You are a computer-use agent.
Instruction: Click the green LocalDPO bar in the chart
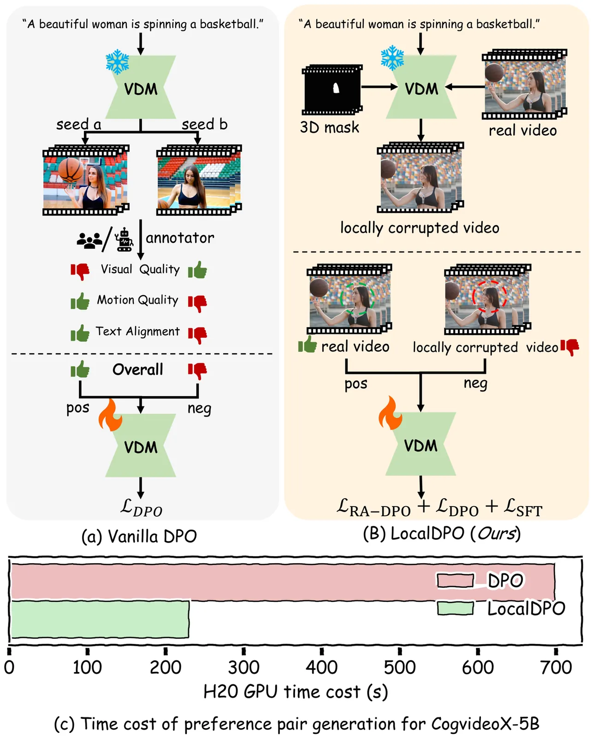(100, 619)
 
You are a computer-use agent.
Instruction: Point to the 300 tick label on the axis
(243, 667)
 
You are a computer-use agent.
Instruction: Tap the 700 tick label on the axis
(556, 667)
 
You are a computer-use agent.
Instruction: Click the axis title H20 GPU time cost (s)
(296, 692)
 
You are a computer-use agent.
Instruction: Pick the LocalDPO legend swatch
(455, 608)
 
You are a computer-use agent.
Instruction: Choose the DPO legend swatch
(455, 581)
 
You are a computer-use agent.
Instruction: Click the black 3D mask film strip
(332, 89)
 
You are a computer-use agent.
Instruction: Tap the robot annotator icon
(125, 240)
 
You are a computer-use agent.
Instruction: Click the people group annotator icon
(89, 240)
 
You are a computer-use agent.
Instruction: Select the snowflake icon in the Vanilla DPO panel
(118, 62)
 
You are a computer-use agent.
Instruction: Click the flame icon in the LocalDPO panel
(390, 413)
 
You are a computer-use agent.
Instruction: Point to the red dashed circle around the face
(489, 297)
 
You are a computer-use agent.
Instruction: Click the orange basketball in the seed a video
(71, 170)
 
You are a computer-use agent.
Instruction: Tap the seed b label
(204, 125)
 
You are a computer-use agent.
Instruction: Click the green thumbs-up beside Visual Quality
(197, 270)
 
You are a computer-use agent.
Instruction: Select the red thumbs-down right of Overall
(197, 370)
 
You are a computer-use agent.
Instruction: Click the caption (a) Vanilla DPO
(139, 536)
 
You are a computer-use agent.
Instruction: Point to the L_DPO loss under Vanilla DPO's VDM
(141, 507)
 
